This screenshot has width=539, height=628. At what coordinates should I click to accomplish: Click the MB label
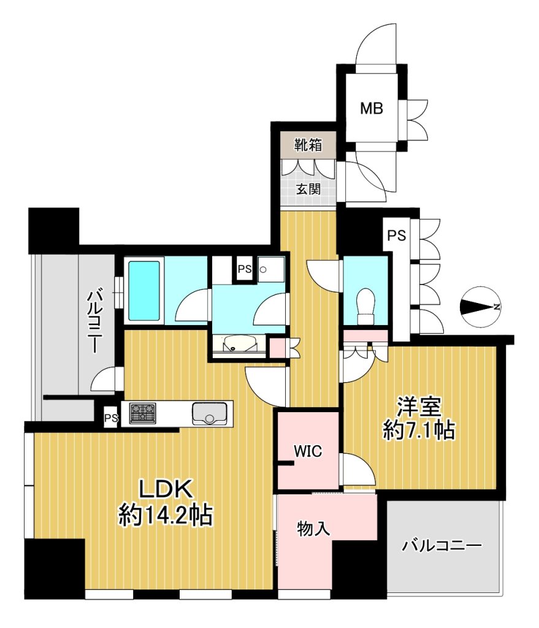(x=371, y=109)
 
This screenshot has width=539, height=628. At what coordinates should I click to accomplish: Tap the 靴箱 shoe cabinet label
(x=308, y=145)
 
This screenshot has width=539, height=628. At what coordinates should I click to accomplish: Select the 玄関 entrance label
(x=308, y=188)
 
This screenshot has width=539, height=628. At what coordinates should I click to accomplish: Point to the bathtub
(x=144, y=291)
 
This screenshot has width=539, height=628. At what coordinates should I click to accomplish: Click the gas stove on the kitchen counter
(x=142, y=413)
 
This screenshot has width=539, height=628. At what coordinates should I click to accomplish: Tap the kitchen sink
(x=209, y=413)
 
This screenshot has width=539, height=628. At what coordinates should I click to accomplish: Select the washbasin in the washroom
(x=239, y=343)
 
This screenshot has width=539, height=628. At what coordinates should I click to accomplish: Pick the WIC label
(x=308, y=451)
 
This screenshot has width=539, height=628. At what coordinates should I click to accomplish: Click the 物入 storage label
(x=313, y=529)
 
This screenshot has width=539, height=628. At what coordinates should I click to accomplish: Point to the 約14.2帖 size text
(x=166, y=515)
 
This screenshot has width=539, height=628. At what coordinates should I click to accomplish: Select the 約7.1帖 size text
(x=419, y=431)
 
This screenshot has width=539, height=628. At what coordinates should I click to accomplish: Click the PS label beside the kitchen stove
(x=112, y=418)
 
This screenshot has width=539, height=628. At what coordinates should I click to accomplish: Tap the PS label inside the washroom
(x=245, y=269)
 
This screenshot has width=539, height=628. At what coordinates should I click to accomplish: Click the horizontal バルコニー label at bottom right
(x=442, y=545)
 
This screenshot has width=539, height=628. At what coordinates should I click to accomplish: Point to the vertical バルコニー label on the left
(x=95, y=322)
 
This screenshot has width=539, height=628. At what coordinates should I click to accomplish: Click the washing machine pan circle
(x=262, y=270)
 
